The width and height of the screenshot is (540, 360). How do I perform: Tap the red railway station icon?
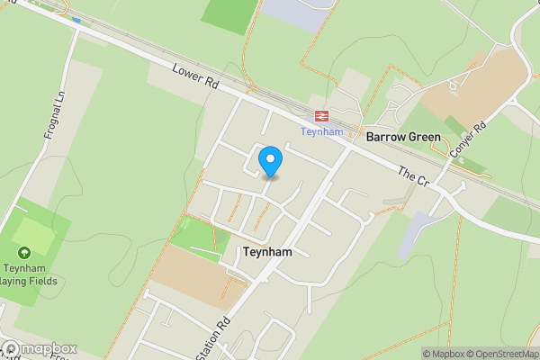pyautogui.click(x=320, y=115)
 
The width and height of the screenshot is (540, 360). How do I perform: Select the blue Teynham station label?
pyautogui.click(x=320, y=131)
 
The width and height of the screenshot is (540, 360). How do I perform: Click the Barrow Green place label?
pyautogui.click(x=403, y=138)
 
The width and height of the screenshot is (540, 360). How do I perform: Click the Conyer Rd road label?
pyautogui.click(x=467, y=142)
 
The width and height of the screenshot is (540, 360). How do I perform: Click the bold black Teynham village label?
pyautogui.click(x=267, y=253)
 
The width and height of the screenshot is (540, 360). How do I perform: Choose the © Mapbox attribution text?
pyautogui.click(x=443, y=354)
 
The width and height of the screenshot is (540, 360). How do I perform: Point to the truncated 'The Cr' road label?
pyautogui.click(x=413, y=175)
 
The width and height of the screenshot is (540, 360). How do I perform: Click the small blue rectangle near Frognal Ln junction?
pyautogui.click(x=76, y=20)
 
